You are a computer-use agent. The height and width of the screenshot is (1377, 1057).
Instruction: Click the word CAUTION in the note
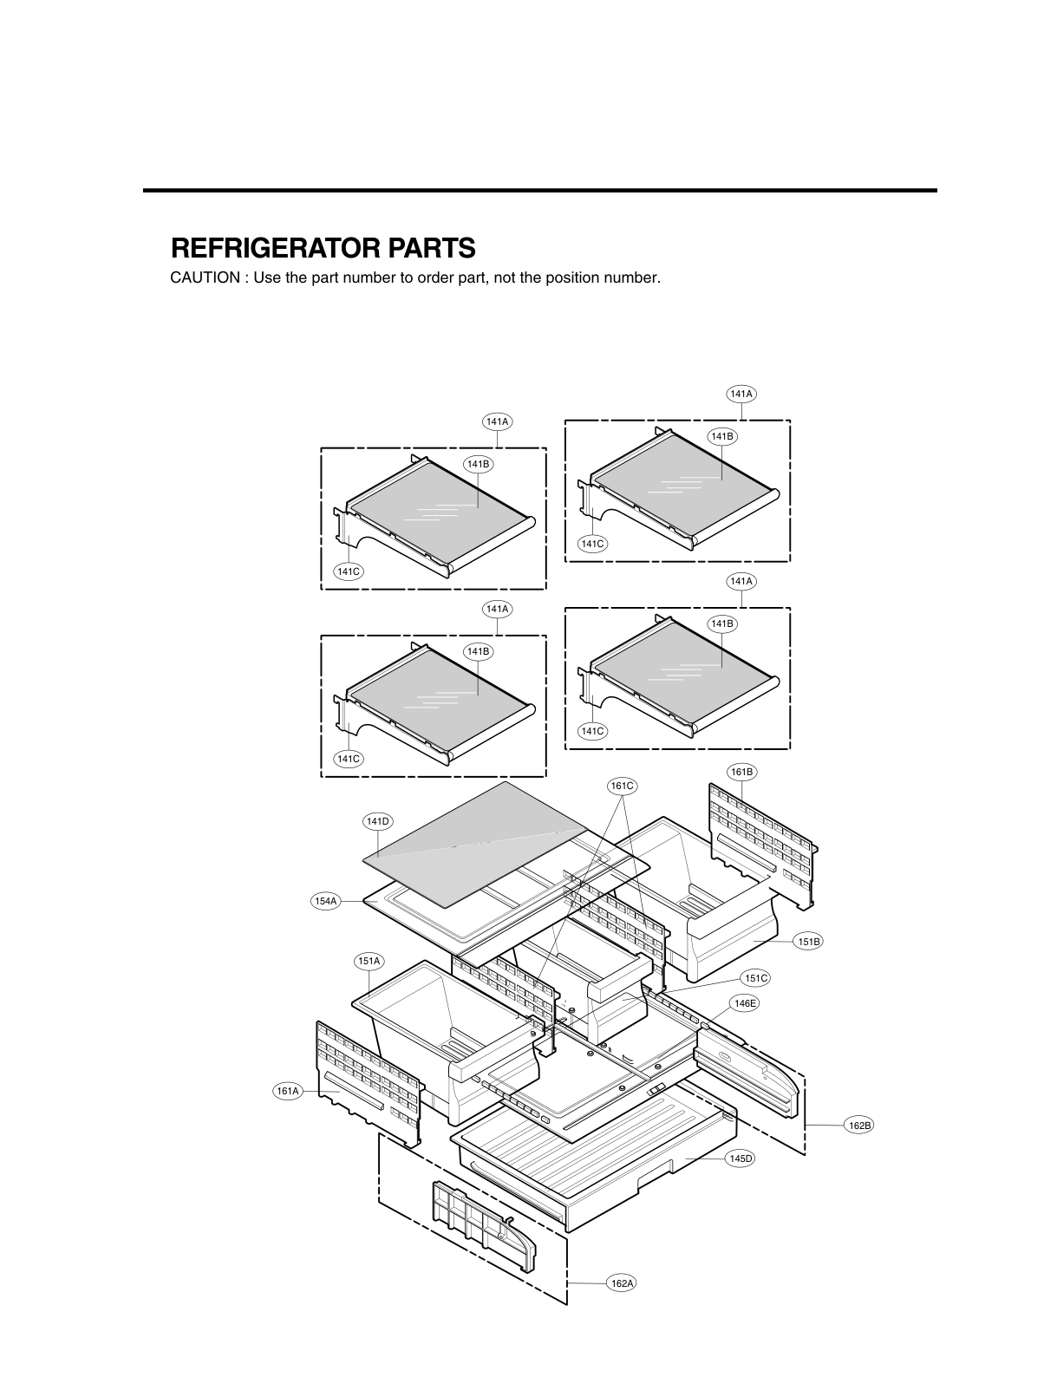[205, 278]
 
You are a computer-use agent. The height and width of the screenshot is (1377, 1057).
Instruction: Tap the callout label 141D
[377, 820]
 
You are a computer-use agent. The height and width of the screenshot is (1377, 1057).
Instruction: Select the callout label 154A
[324, 901]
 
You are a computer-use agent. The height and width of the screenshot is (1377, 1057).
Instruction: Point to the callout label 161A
[288, 1091]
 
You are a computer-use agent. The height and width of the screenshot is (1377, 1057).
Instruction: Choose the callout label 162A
[621, 1282]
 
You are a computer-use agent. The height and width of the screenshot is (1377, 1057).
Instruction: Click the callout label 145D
[740, 1158]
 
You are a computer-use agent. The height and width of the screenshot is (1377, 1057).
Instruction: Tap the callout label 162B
[859, 1125]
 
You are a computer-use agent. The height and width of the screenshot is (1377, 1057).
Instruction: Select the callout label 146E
[745, 1003]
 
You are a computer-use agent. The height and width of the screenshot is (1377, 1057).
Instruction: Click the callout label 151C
[755, 978]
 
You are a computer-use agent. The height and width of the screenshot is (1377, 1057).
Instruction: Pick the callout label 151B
[807, 941]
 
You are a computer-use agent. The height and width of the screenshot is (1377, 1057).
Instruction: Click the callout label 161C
[622, 786]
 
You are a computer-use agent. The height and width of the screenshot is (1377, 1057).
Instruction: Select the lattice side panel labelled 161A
[368, 1080]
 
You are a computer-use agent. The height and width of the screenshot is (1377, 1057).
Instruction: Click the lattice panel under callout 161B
[763, 841]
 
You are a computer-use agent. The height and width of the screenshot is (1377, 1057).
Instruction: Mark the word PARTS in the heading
[430, 249]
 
